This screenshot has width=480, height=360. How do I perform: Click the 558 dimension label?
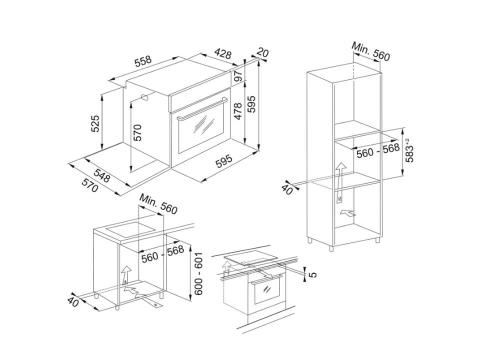pos(143,61)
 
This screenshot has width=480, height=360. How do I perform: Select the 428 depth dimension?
pos(222,53)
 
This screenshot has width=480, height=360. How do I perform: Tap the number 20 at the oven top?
pos(262,52)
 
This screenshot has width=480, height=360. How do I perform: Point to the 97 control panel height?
pos(239,76)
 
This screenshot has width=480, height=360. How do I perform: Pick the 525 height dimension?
pos(96,123)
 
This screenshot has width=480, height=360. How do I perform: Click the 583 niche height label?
pos(408,150)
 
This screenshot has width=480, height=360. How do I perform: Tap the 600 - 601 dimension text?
pos(198,273)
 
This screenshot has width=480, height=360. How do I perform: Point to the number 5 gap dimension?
pos(312,274)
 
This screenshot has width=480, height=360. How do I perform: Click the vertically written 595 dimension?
pos(251,104)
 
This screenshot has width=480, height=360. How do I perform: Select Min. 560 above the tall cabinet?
pos(370,51)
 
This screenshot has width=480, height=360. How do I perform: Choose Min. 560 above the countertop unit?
pos(158,204)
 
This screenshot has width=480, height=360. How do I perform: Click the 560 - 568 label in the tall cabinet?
pos(378,150)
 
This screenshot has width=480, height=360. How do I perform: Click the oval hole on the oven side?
pos(144,97)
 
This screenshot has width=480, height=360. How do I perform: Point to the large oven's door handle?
pos(202,108)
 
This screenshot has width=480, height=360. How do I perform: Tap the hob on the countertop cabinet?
pos(129,230)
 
